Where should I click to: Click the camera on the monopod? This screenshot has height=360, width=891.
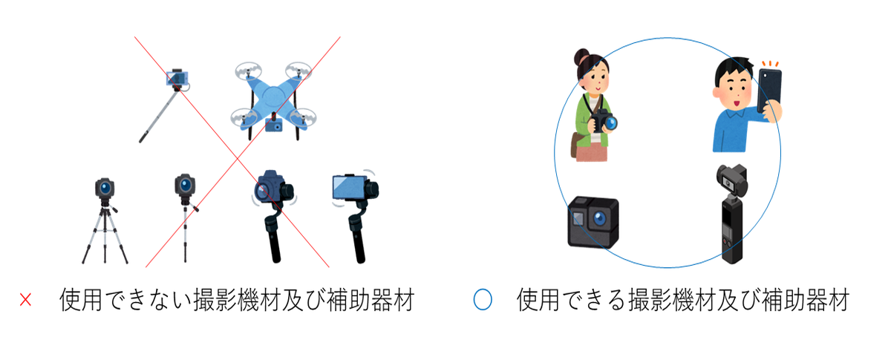(184, 186)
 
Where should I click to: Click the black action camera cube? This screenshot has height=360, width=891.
(593, 221)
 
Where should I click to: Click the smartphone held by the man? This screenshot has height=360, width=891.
(768, 90)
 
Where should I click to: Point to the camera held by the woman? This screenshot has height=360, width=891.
(604, 121)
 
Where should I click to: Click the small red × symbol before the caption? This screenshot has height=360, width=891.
(25, 301)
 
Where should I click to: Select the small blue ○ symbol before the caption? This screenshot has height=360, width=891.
(483, 301)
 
